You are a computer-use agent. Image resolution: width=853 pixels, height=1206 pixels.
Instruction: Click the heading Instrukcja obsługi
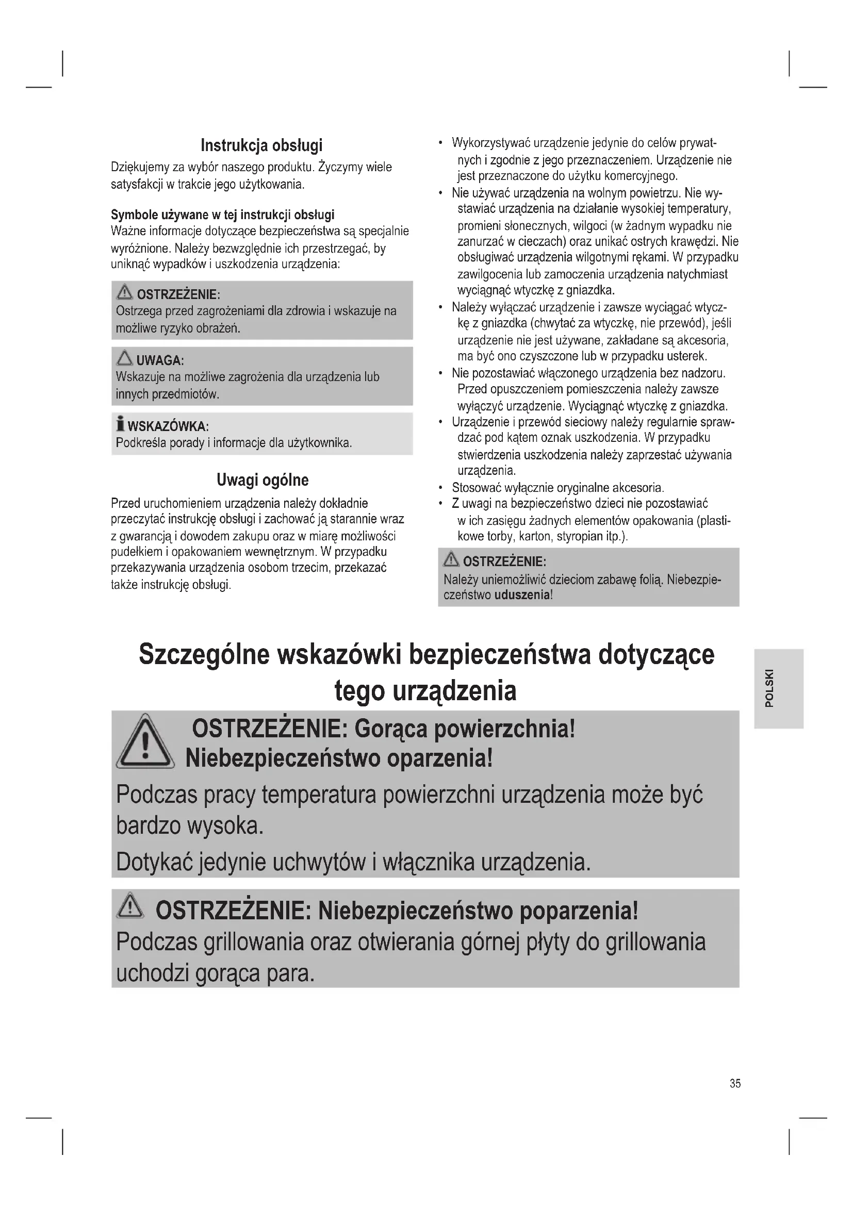[x=261, y=145]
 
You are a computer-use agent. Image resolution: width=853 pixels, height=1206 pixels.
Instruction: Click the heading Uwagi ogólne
[x=263, y=480]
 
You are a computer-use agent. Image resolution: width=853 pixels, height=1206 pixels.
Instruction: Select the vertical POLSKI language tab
[x=778, y=689]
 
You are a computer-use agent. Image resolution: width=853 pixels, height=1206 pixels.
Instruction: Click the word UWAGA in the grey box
[x=160, y=361]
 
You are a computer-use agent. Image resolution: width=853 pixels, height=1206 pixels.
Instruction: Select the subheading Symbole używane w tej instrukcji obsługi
[x=223, y=215]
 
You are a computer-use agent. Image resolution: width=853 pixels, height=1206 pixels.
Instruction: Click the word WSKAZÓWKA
[x=168, y=426]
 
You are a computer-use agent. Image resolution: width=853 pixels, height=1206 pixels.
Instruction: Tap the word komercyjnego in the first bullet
[x=641, y=176]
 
